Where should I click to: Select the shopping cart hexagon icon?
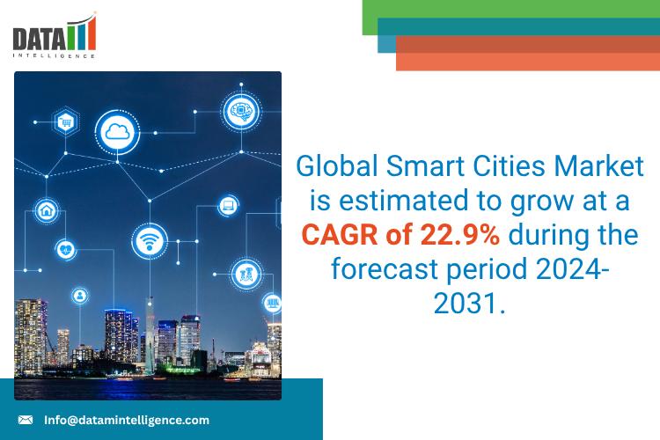(x=64, y=122)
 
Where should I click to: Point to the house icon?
(x=46, y=210)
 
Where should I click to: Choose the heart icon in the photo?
(x=64, y=249)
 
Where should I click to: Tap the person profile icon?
(x=80, y=294)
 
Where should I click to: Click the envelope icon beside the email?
(x=26, y=421)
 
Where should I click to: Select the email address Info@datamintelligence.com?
(x=127, y=421)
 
